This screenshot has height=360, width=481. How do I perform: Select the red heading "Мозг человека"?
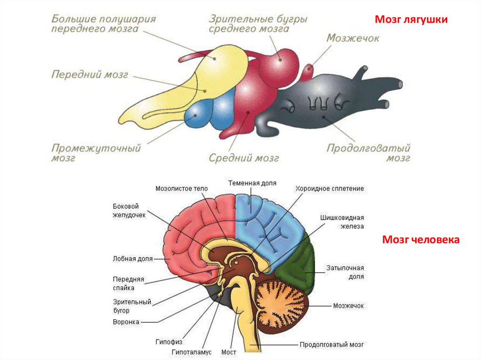click(x=420, y=240)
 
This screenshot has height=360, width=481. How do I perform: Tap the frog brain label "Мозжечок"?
click(x=353, y=38)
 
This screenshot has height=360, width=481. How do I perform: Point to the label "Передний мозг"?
click(x=89, y=75)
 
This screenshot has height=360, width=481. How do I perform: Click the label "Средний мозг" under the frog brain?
click(x=244, y=158)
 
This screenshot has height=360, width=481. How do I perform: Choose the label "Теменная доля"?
click(x=252, y=183)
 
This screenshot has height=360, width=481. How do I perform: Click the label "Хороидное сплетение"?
click(x=329, y=188)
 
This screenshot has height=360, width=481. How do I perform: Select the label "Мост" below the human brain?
click(x=229, y=352)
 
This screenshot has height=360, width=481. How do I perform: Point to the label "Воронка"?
click(x=125, y=322)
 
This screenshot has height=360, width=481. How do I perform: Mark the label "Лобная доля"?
click(x=131, y=259)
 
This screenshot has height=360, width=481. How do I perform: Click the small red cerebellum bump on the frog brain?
click(x=308, y=71)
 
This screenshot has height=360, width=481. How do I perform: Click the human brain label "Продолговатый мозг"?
click(x=332, y=345)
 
